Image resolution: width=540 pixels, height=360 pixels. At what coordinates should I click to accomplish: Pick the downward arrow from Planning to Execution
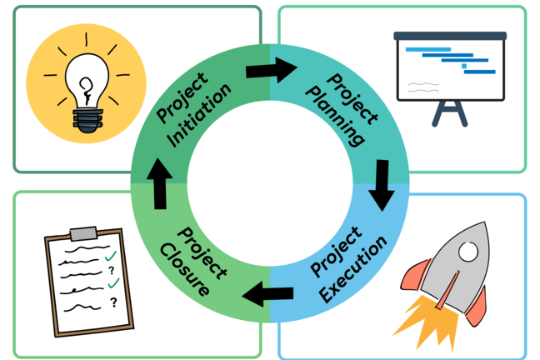click(x=382, y=184)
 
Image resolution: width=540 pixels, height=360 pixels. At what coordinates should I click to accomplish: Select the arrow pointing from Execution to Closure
click(x=267, y=292)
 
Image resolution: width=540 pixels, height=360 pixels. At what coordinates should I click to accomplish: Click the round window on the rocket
click(x=468, y=250)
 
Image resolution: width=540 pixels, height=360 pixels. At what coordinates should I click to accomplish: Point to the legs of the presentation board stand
click(x=449, y=113)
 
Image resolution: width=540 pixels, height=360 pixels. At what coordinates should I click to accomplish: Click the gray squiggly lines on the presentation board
click(x=423, y=85)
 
